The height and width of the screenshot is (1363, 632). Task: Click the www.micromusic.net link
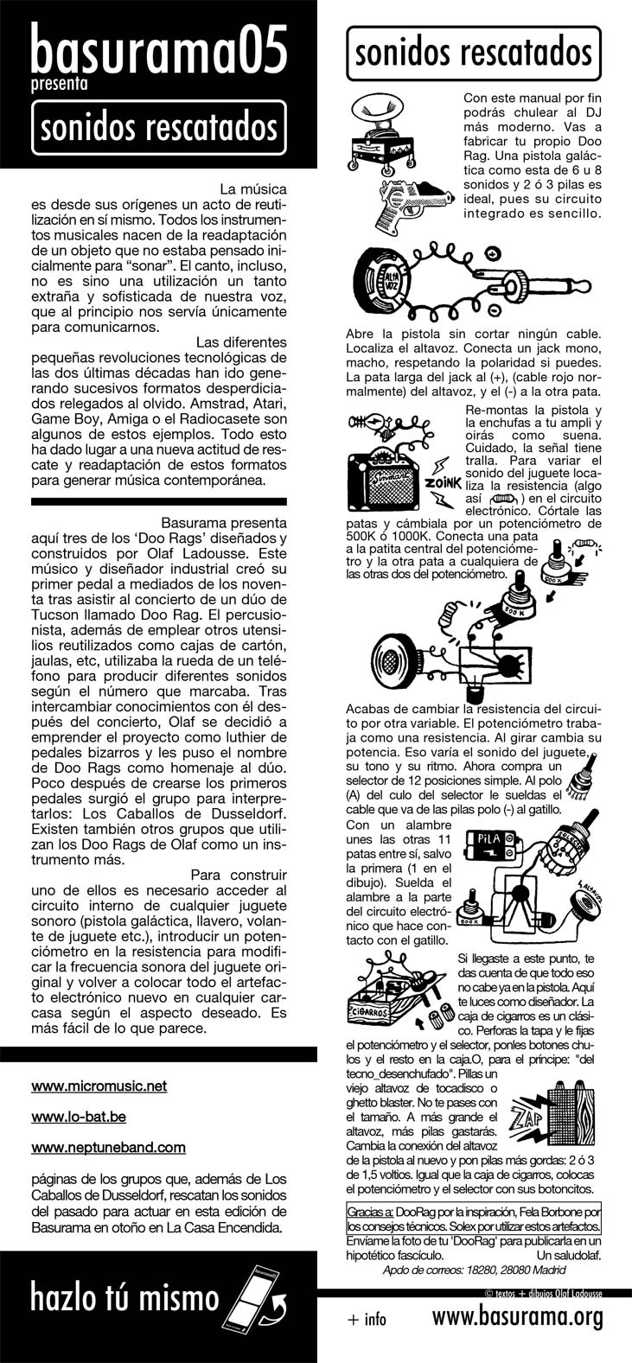(x=99, y=1086)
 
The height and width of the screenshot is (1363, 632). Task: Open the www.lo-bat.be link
(x=79, y=1117)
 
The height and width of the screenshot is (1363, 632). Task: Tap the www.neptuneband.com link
(x=108, y=1147)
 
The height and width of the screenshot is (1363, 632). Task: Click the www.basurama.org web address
(x=516, y=1318)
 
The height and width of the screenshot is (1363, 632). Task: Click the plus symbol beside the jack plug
(x=494, y=254)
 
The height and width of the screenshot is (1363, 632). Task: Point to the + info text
(x=367, y=1320)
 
